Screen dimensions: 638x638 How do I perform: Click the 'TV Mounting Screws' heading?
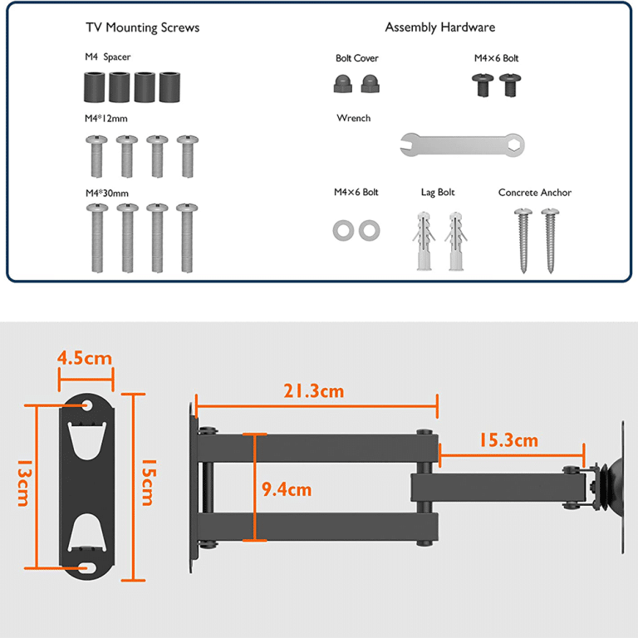142,27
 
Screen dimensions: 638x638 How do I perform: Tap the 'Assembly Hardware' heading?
439,27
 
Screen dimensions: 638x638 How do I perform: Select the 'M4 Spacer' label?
108,57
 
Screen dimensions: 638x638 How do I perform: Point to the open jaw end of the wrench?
409,145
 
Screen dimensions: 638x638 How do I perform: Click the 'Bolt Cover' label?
357,58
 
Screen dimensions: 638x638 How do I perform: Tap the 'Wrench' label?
354,118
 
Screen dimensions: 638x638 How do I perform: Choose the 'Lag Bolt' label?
438,192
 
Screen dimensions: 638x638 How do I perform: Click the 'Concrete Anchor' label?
535,193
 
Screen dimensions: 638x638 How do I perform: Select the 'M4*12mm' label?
106,119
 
